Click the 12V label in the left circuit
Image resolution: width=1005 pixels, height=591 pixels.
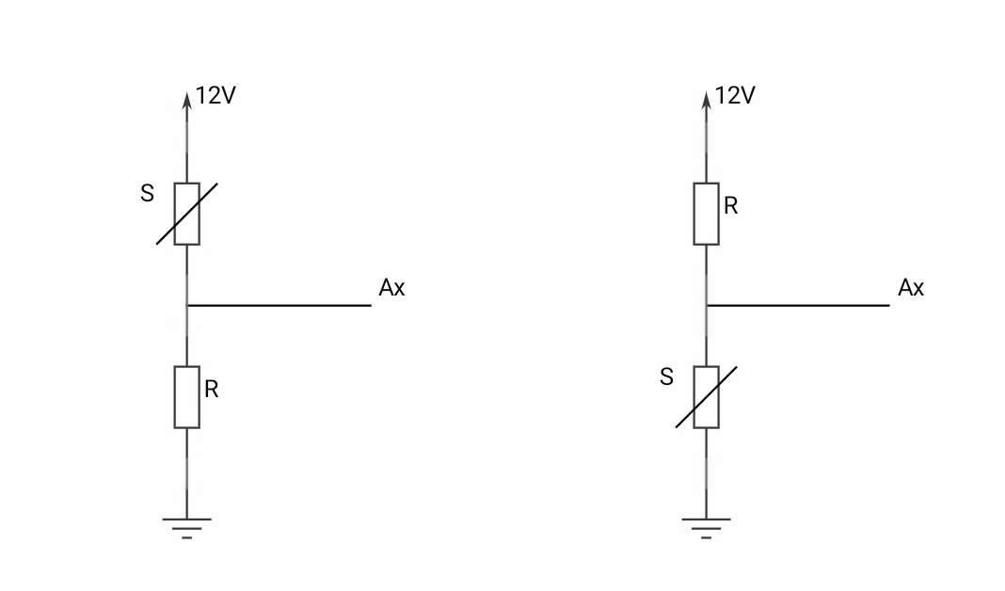pyautogui.click(x=215, y=96)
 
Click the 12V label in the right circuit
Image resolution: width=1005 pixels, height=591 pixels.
pyautogui.click(x=735, y=96)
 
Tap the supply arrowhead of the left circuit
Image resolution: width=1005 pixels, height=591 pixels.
pyautogui.click(x=187, y=99)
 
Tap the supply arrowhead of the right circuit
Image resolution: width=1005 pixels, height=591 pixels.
pyautogui.click(x=707, y=99)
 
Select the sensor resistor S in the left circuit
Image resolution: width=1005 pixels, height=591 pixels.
pyautogui.click(x=187, y=214)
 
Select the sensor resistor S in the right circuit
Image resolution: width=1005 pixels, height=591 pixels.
pyautogui.click(x=707, y=397)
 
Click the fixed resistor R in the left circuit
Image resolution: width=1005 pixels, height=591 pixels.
pyautogui.click(x=187, y=397)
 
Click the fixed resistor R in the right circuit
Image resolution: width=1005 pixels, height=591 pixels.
pyautogui.click(x=707, y=214)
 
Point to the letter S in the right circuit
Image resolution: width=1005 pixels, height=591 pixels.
pyautogui.click(x=667, y=377)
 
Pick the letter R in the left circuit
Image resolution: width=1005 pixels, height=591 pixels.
pyautogui.click(x=212, y=390)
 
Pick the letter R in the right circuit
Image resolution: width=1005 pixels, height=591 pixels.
pyautogui.click(x=731, y=206)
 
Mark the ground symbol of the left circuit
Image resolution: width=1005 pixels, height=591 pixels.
pyautogui.click(x=187, y=527)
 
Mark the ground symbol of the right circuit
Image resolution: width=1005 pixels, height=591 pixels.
pyautogui.click(x=707, y=527)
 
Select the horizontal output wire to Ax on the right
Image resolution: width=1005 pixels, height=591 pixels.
pyautogui.click(x=799, y=305)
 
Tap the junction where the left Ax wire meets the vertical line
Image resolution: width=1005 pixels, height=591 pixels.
pyautogui.click(x=187, y=305)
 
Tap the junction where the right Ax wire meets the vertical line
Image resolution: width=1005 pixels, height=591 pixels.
pyautogui.click(x=707, y=305)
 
